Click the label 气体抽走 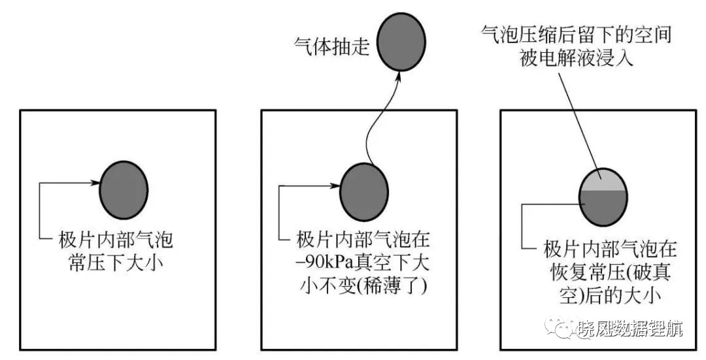click(331, 46)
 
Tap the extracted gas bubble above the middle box click(401, 41)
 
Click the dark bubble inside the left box click(124, 190)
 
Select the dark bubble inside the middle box click(364, 191)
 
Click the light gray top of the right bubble click(603, 180)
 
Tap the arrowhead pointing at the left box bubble click(95, 183)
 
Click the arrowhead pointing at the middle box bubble click(335, 186)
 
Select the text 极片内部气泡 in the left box click(116, 240)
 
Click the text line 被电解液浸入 click(577, 57)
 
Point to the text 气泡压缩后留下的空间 click(577, 35)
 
